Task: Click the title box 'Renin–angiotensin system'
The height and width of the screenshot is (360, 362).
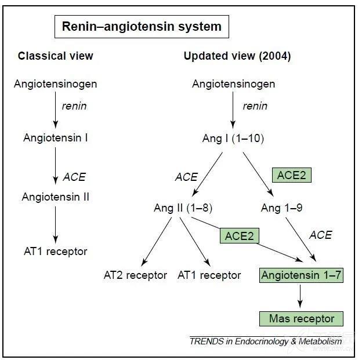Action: coord(142,27)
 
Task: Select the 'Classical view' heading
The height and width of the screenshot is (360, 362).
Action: coord(56,56)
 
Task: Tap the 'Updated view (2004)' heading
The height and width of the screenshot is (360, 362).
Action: coord(237,56)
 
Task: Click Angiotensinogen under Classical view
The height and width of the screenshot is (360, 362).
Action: coord(56,84)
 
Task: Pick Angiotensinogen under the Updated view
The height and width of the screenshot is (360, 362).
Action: coord(233,84)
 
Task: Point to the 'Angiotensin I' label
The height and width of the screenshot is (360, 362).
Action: coord(56,138)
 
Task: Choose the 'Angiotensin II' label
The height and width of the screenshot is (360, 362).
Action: coord(56,197)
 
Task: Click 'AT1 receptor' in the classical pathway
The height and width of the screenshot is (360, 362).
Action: coord(56,252)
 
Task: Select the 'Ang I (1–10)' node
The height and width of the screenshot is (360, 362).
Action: coord(233,139)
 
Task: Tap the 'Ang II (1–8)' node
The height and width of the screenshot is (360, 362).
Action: coord(183,208)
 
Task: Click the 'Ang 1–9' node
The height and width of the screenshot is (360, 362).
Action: coord(281,208)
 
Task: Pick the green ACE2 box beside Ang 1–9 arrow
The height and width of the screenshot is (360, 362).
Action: coord(292,175)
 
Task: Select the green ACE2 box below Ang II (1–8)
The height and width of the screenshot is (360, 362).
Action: coord(240,236)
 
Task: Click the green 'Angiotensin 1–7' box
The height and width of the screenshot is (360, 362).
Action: coord(301,275)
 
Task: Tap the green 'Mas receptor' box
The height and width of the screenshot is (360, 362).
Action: coord(301,319)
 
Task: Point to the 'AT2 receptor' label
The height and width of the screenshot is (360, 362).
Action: coord(135,275)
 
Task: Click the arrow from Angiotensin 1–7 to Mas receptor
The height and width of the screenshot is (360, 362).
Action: coord(300,296)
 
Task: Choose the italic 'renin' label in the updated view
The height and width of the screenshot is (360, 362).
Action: coord(255,106)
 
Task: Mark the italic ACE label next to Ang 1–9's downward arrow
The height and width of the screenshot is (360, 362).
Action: coord(321,235)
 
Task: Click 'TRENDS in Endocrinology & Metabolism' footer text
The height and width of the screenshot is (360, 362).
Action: coord(266,341)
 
